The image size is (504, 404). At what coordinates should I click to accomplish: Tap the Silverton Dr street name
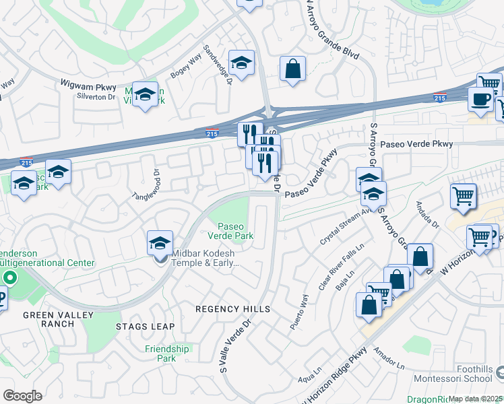(x=97, y=97)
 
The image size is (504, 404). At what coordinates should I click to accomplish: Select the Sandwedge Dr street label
(x=218, y=66)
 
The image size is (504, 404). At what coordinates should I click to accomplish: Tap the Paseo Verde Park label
(x=234, y=231)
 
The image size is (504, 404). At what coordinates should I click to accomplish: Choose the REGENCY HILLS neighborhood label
(x=232, y=309)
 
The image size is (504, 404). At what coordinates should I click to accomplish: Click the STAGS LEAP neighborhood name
(x=145, y=327)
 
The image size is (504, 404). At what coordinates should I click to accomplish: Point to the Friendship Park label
(x=167, y=353)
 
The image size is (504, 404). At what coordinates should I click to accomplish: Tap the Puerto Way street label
(x=298, y=310)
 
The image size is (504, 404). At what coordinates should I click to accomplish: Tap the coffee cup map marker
(x=481, y=100)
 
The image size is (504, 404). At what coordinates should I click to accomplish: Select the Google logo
(x=22, y=396)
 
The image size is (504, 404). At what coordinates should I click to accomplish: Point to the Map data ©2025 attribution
(x=476, y=399)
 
